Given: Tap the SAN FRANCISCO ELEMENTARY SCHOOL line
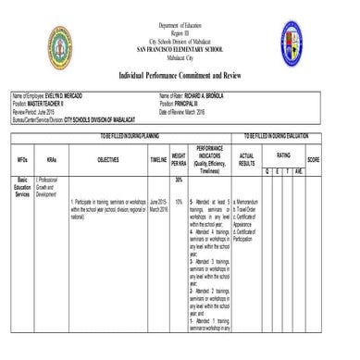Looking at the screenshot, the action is coord(180,46).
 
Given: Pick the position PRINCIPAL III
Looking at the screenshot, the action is coord(195,102).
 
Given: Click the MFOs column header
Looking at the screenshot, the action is coord(20,159).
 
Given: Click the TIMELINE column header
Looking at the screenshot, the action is coord(158,159).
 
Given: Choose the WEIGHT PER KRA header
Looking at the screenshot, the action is coord(180,159).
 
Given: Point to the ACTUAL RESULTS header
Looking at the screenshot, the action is coord(245,159).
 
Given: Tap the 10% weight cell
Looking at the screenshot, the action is coord(179,201).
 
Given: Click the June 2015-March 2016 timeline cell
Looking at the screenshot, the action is coord(157,205).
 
